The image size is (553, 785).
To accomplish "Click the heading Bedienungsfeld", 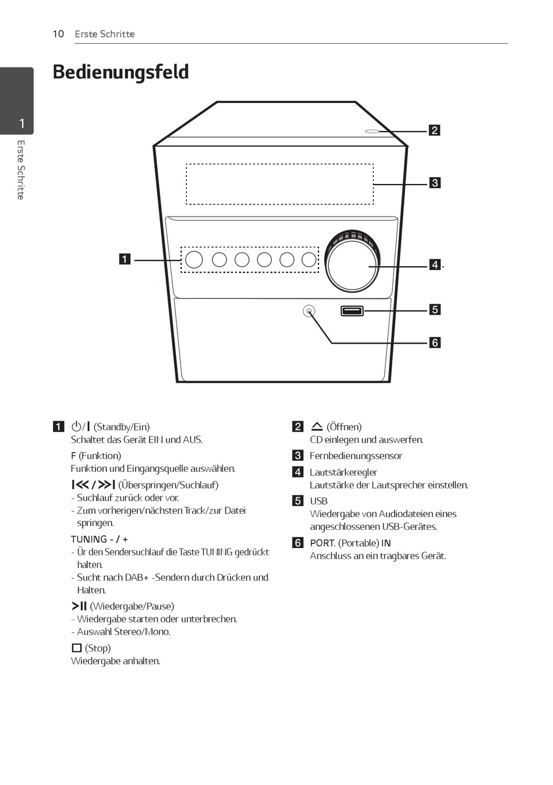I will (120, 72).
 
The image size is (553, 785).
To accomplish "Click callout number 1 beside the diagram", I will (125, 259).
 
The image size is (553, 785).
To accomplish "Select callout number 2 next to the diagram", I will (434, 130).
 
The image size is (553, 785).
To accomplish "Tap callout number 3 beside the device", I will (434, 183).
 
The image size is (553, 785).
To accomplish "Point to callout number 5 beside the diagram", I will (434, 310).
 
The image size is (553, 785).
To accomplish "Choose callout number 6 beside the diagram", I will (434, 342).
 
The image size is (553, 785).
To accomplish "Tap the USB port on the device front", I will (352, 310).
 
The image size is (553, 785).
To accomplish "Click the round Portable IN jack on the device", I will (309, 311).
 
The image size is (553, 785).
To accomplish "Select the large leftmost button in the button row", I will (194, 259).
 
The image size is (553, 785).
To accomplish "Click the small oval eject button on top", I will (372, 131).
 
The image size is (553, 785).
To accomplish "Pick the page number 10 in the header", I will (58, 34).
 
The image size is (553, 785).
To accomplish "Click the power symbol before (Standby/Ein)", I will (76, 426).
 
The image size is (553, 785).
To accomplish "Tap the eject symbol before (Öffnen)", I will (317, 426).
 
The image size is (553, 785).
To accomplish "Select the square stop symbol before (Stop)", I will (76, 648).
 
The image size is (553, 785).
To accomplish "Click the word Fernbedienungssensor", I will (356, 455).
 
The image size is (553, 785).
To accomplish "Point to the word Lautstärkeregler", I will (343, 472).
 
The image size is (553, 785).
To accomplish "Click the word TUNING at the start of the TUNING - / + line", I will (88, 539).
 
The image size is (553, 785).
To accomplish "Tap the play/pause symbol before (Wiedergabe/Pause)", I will (79, 606).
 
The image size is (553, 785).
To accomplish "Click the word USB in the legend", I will (318, 501).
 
